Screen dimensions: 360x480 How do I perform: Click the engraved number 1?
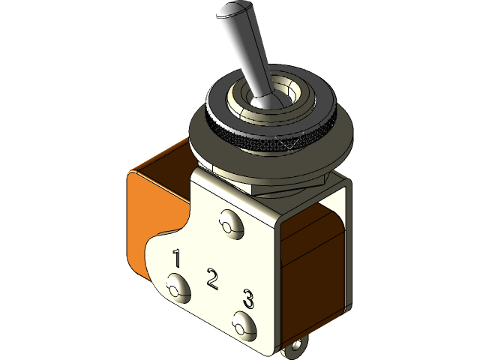177,259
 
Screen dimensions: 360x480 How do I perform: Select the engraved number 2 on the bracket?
212,279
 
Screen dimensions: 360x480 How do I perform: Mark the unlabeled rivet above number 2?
229,223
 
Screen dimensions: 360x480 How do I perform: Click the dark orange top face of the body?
161,161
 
